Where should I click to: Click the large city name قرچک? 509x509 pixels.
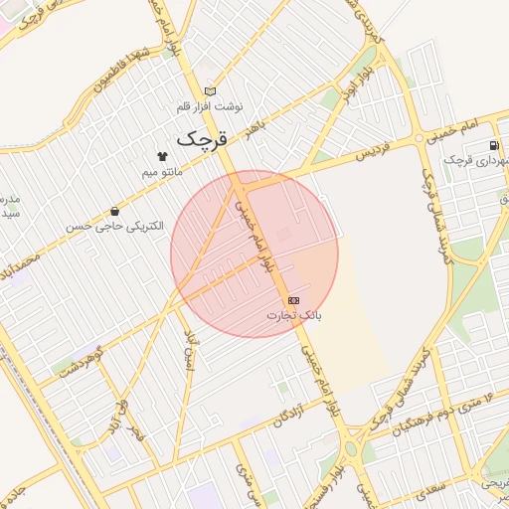[202, 139]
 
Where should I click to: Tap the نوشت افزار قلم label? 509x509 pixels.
[210, 106]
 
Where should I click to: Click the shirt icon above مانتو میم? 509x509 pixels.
[162, 156]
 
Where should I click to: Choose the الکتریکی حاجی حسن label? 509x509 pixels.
[113, 227]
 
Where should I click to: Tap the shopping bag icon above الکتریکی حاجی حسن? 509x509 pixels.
[115, 211]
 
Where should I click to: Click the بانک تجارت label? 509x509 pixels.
[294, 315]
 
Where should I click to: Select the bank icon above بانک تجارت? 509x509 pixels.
[293, 299]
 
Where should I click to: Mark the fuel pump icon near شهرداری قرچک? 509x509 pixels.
[494, 144]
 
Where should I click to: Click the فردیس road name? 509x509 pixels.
[370, 153]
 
